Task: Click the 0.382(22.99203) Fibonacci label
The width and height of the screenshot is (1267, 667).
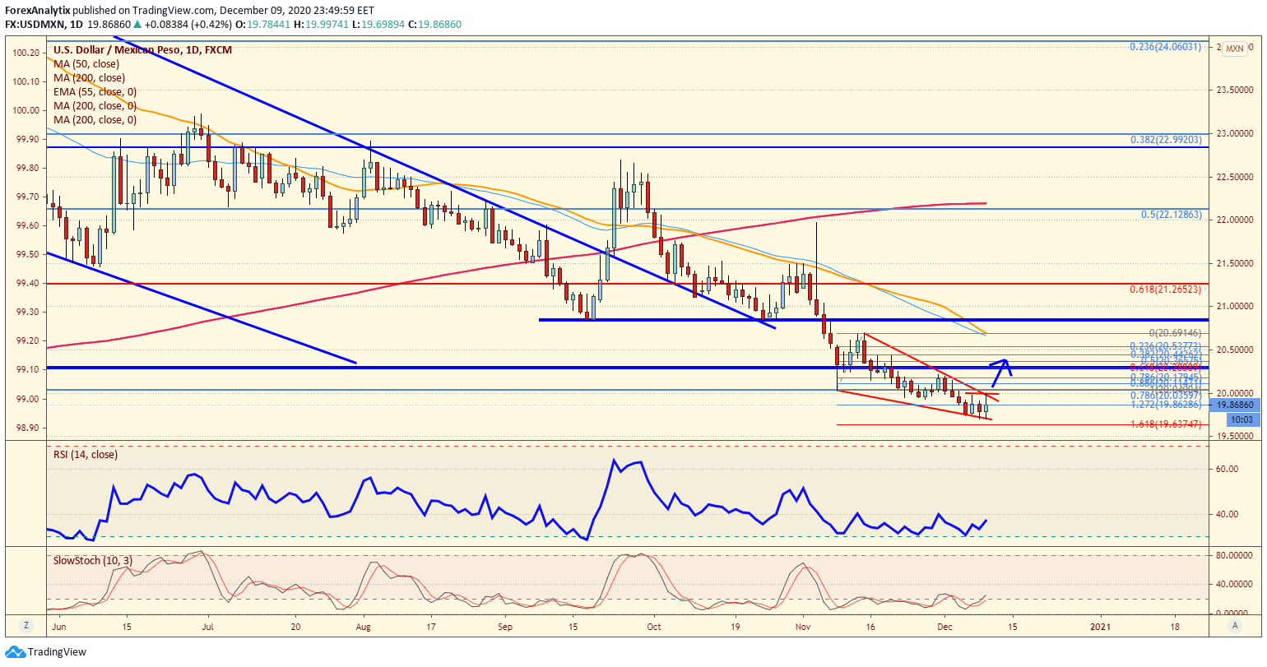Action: [x=1166, y=140]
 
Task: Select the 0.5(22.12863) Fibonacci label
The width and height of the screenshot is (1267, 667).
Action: [x=1172, y=214]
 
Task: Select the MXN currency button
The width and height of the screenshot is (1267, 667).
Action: [x=1234, y=49]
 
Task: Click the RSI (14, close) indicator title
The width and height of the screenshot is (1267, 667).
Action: [x=85, y=455]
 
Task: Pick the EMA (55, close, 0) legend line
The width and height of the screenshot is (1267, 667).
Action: [x=95, y=92]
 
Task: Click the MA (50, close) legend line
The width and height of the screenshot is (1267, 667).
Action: [x=86, y=63]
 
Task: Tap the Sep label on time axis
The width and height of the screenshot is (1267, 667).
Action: [x=505, y=627]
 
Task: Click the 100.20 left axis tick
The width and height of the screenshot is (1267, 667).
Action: [x=27, y=53]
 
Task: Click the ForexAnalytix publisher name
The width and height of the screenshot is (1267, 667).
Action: [x=39, y=11]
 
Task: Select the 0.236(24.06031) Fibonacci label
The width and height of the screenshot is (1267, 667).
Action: [x=1166, y=47]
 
